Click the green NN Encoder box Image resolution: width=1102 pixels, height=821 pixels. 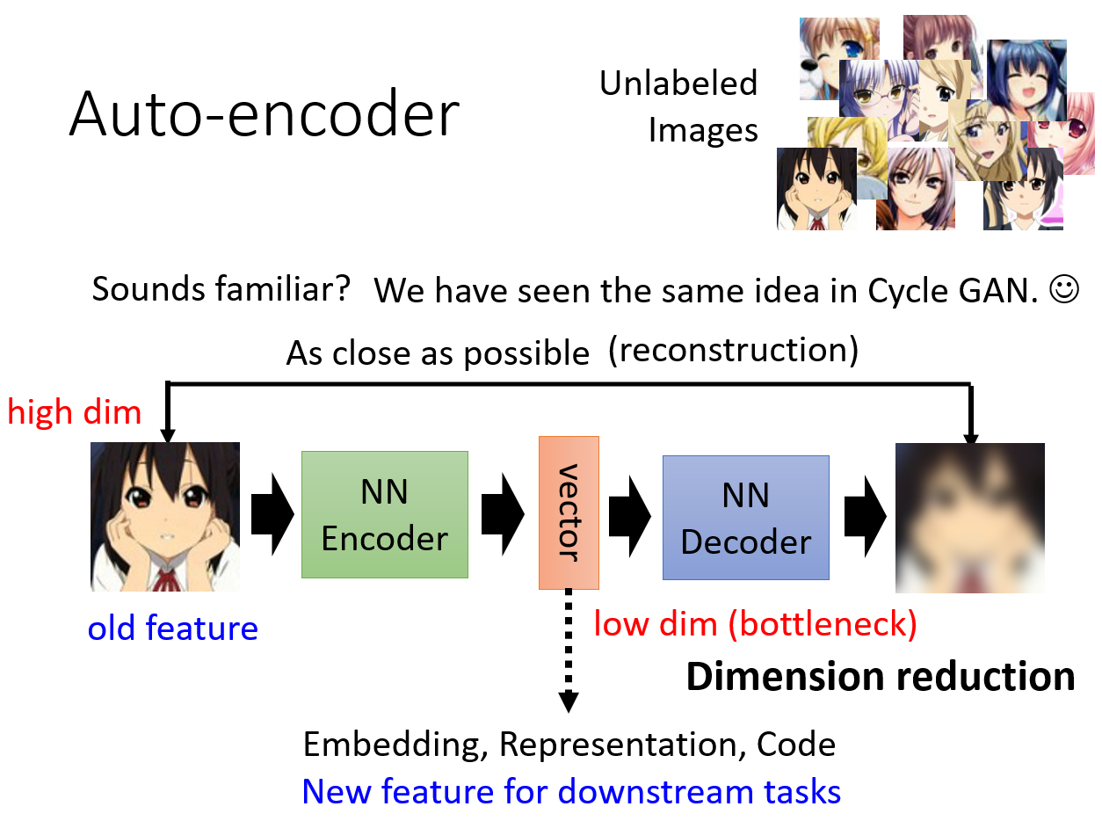click(385, 514)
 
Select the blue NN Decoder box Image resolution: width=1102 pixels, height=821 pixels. click(746, 518)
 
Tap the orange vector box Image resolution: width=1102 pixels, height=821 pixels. click(569, 512)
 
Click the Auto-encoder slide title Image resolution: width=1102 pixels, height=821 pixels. click(265, 113)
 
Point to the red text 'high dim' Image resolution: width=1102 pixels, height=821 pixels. click(75, 413)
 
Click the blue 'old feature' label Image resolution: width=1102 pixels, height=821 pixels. click(173, 628)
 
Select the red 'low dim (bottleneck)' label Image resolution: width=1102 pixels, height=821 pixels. click(755, 624)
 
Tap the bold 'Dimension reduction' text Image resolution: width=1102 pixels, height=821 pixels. click(881, 677)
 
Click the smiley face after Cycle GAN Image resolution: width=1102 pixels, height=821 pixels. click(1064, 289)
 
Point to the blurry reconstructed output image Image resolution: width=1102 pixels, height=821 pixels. click(970, 518)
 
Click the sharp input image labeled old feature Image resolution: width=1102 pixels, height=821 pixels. click(165, 517)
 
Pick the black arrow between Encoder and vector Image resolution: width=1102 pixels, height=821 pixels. click(503, 514)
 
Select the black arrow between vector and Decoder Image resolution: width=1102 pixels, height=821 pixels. click(629, 516)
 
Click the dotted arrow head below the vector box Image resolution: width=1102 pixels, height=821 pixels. click(569, 701)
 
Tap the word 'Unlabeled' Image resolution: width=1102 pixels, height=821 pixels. click(678, 83)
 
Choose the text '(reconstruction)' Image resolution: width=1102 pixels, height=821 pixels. click(733, 350)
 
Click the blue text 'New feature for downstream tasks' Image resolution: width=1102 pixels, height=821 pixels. click(571, 791)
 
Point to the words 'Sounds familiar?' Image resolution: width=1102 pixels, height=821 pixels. click(221, 288)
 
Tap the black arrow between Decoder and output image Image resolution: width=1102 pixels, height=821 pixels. click(865, 516)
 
